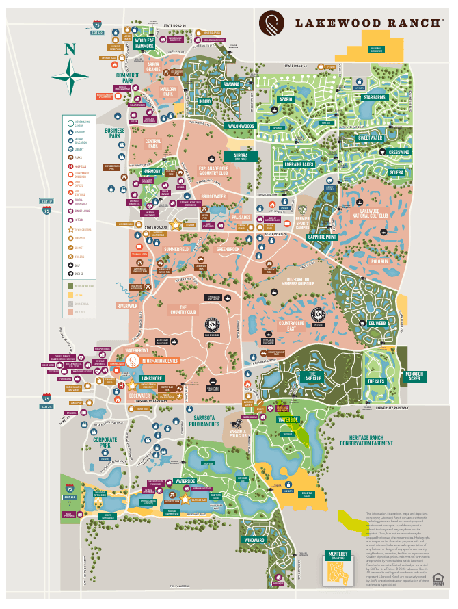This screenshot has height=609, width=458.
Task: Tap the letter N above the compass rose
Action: [69, 49]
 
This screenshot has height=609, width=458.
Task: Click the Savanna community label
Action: [231, 85]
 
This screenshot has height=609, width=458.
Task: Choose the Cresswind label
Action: [399, 152]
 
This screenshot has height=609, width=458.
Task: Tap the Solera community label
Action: [396, 173]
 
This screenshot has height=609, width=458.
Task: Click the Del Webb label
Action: [377, 323]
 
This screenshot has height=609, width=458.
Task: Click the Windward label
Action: [252, 541]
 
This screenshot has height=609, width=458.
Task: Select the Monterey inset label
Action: [338, 554]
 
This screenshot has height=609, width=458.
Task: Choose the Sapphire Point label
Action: [321, 237]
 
